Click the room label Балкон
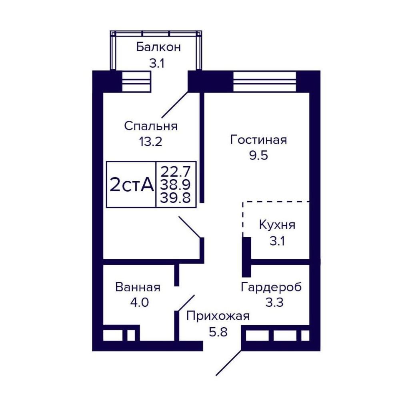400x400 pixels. pos(158,47)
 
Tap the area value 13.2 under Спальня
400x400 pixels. pos(150,141)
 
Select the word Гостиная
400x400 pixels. pos(258,140)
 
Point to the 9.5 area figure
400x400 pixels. pos(258,155)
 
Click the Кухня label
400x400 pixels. pos(277,225)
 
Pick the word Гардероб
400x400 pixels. pos(271,287)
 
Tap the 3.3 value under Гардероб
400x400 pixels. pos(274,302)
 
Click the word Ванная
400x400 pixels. pos(138,287)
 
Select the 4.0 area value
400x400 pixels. pos(139,302)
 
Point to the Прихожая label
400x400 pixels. pos(218,316)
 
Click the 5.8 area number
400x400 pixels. pos(218,332)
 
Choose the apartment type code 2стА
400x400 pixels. pos(132,185)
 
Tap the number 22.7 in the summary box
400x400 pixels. pos(175,172)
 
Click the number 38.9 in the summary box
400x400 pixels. pos(175,184)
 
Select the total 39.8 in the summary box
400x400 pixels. pos(175,198)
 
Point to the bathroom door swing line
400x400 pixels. pos(185,303)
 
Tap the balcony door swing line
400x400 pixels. pos(175,104)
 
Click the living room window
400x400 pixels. pos(264,81)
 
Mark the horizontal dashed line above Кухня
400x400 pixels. pos(276,202)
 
